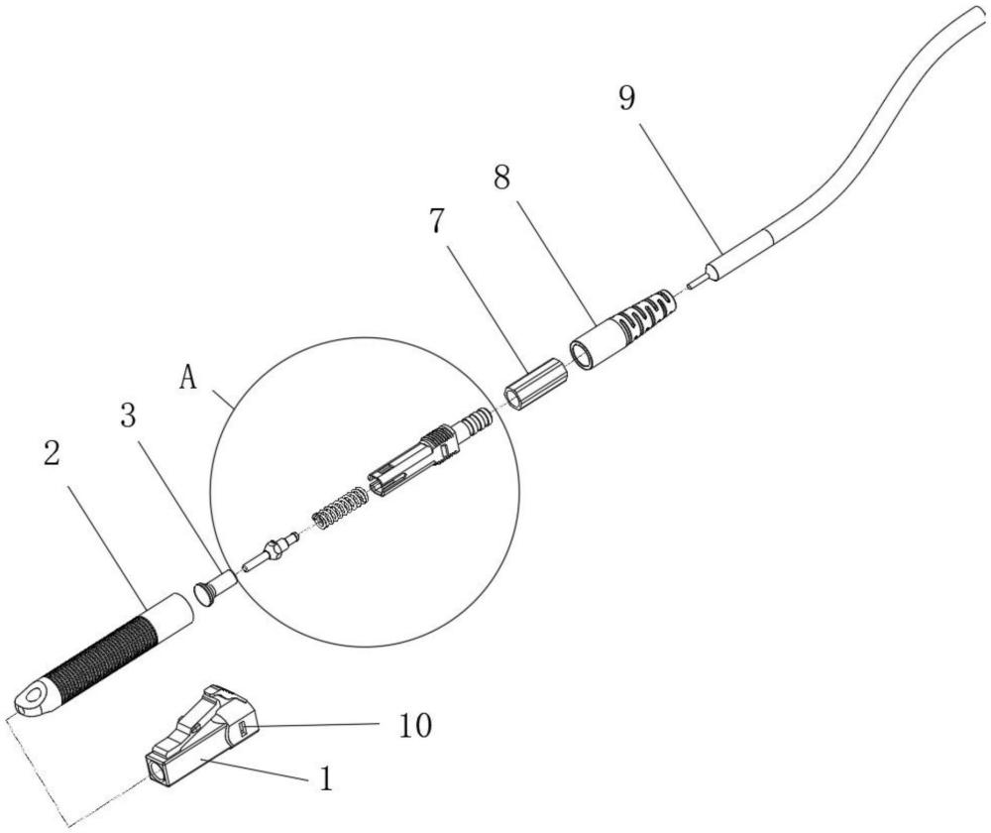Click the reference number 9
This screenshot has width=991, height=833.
click(x=627, y=98)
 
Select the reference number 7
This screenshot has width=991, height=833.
click(x=435, y=221)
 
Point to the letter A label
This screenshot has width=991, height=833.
click(x=188, y=378)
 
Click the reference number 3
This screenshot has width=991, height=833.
click(x=128, y=416)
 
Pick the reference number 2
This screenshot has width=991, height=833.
click(x=52, y=453)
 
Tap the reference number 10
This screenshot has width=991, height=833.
click(x=415, y=725)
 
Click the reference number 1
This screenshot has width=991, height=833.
click(x=325, y=778)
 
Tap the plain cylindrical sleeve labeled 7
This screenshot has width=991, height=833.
click(x=534, y=385)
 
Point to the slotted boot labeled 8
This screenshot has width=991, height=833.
click(x=625, y=327)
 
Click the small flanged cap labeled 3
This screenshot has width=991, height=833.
click(x=215, y=587)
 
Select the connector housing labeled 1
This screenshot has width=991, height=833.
click(x=201, y=735)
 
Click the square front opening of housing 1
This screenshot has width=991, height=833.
click(x=157, y=771)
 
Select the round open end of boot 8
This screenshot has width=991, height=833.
click(x=582, y=354)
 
